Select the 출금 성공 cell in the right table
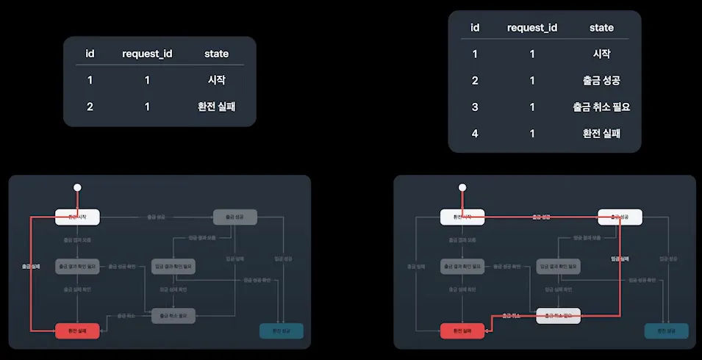click(x=601, y=80)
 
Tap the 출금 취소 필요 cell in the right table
click(x=601, y=107)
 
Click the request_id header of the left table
click(x=147, y=54)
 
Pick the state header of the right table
click(x=601, y=27)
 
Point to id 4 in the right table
click(x=475, y=133)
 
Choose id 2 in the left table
click(x=90, y=107)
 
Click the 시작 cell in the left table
click(x=217, y=80)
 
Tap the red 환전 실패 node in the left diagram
click(x=78, y=331)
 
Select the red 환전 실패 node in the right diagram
click(x=462, y=331)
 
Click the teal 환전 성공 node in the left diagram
click(x=282, y=331)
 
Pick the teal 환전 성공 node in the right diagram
click(x=666, y=331)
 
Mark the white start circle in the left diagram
click(x=77, y=187)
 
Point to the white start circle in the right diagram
click(x=462, y=187)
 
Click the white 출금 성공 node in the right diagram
click(x=620, y=217)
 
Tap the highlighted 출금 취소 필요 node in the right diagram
click(x=558, y=316)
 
